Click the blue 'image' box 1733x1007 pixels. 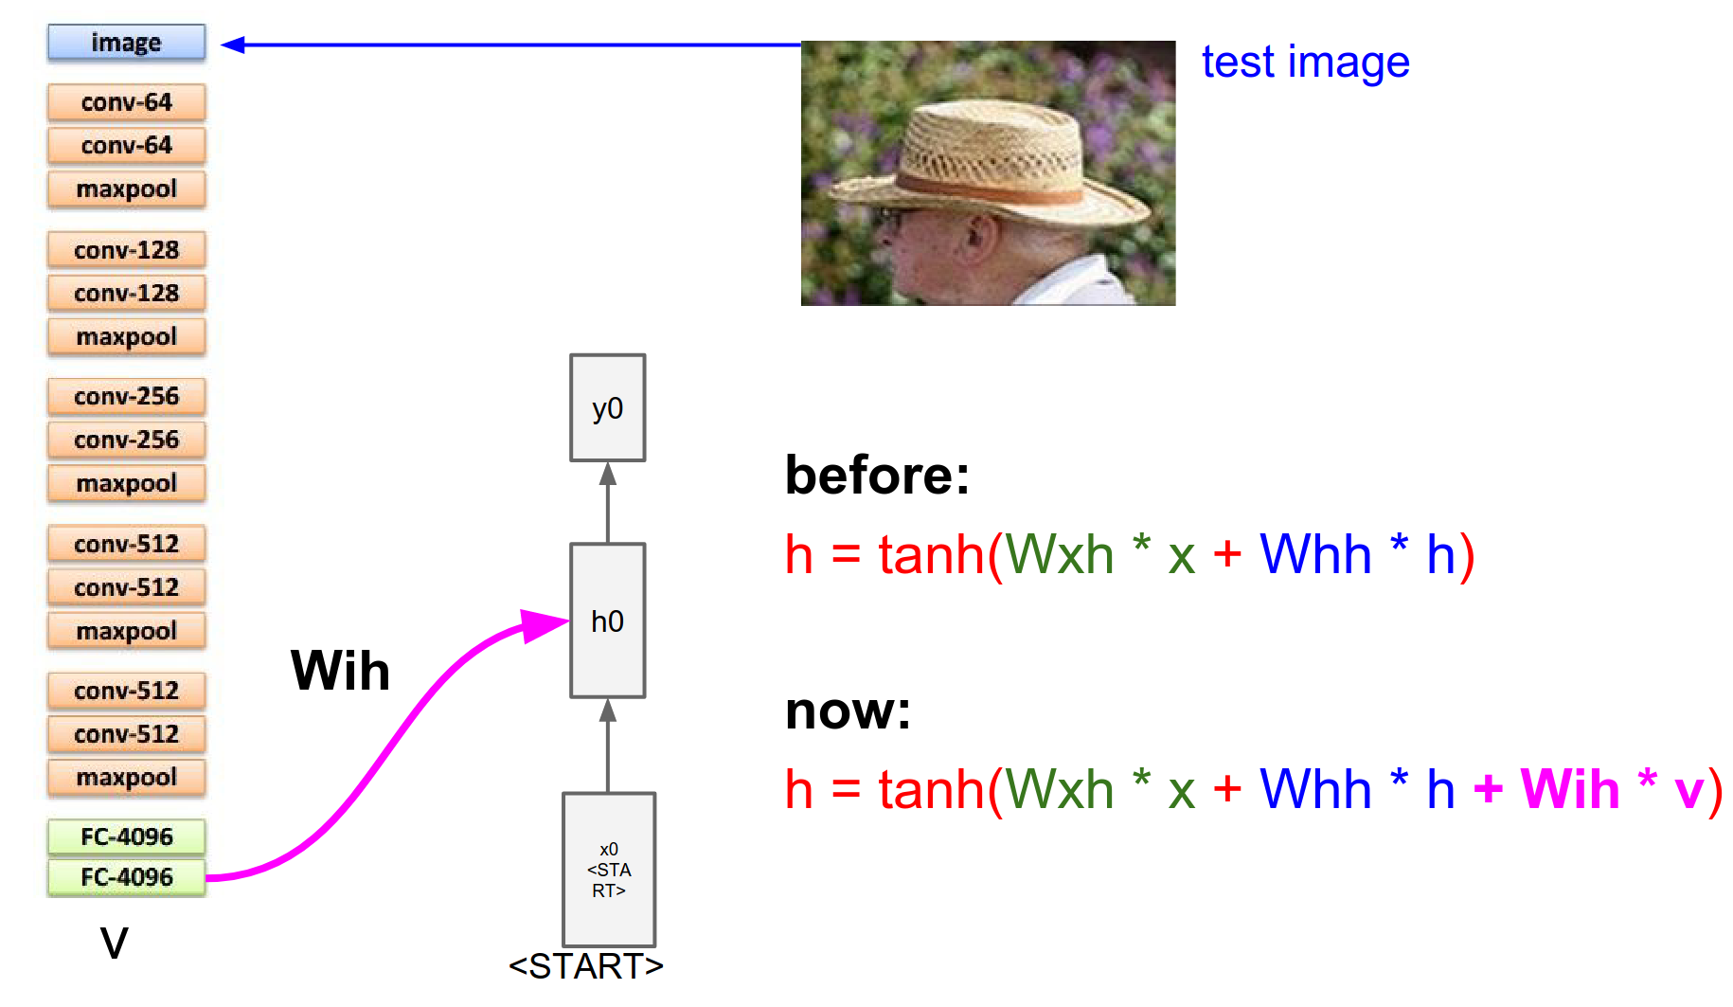(x=126, y=43)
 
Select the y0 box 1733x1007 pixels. (x=607, y=408)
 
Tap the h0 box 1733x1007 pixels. (x=607, y=620)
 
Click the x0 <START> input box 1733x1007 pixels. (x=608, y=870)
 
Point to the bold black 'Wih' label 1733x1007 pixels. (x=340, y=671)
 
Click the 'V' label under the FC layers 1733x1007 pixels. (x=114, y=943)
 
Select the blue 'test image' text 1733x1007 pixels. (x=1305, y=63)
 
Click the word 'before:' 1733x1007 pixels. (x=877, y=475)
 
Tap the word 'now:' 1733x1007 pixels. (x=848, y=710)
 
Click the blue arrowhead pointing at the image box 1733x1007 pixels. (x=233, y=45)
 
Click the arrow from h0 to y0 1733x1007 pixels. (x=608, y=502)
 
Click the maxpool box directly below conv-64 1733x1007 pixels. (x=126, y=189)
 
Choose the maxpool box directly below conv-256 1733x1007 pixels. (x=126, y=483)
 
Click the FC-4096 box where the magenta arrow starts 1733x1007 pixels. (x=126, y=877)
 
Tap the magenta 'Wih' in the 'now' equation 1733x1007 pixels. (x=1569, y=789)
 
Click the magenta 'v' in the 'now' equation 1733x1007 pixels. (x=1688, y=791)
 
